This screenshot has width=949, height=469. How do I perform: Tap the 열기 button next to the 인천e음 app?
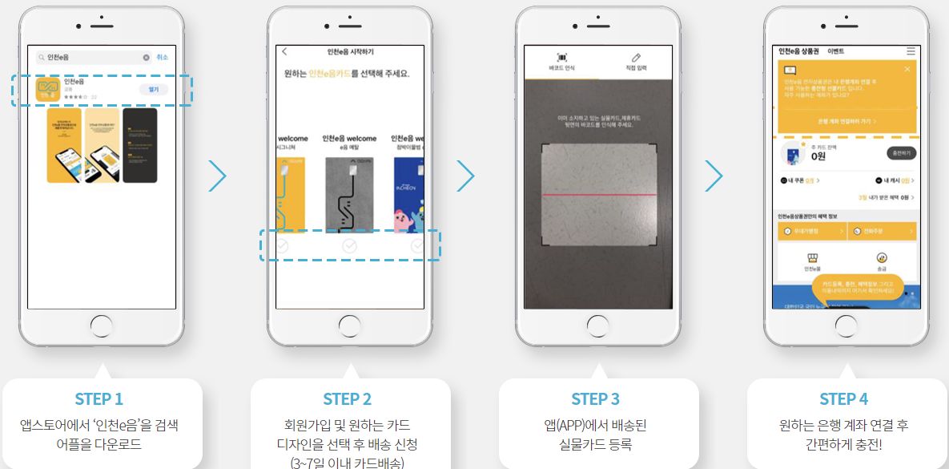pos(153,89)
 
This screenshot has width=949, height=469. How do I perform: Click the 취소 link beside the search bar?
pos(163,58)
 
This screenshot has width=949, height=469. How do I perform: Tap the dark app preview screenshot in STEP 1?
pos(139,145)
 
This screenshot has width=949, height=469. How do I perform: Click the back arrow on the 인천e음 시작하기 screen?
pos(284,52)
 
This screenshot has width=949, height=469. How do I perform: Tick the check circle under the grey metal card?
pos(349,246)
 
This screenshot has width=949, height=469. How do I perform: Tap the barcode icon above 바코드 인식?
pos(561,58)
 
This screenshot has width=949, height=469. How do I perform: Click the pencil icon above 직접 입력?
pos(636,58)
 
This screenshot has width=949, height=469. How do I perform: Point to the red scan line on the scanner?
pos(598,195)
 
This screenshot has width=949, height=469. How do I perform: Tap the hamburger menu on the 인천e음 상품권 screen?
pos(911,51)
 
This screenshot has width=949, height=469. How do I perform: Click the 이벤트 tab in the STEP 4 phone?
pos(836,51)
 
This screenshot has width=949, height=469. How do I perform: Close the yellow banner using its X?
pos(907,70)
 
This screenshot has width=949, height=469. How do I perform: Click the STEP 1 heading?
pos(99,399)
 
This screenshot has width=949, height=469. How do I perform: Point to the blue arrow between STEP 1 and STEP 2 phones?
pos(217,176)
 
